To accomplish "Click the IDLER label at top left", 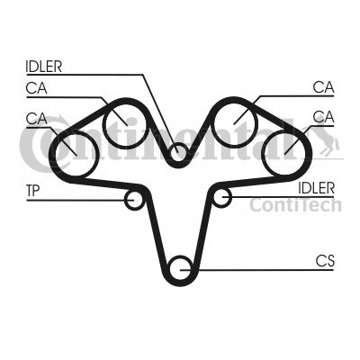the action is pos(44,67).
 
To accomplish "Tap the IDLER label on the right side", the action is pos(316,188).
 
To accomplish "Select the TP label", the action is pos(32,191).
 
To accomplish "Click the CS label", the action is pos(325,261).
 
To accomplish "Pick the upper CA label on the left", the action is pos(36,88).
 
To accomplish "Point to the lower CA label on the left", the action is pos(36,119).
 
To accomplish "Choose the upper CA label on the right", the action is pos(323,87).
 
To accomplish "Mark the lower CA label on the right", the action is pos(323,117).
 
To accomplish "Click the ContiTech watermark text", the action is pos(295,205).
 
